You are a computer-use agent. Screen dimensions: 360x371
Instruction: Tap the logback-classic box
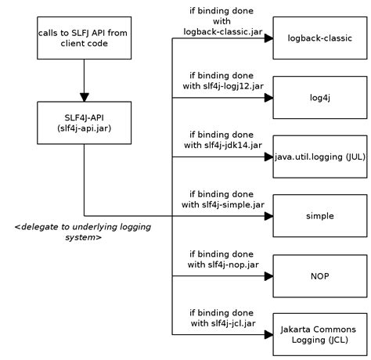(x=318, y=38)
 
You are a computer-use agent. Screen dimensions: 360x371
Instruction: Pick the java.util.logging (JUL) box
(x=319, y=157)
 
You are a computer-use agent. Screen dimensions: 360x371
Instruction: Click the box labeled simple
(x=318, y=215)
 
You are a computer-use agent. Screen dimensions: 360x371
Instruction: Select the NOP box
(x=318, y=276)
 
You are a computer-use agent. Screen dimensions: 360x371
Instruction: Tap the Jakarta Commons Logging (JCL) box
(x=318, y=334)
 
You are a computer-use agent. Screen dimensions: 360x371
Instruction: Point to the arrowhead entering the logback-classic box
(x=268, y=38)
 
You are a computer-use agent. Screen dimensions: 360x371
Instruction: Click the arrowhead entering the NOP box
(x=268, y=276)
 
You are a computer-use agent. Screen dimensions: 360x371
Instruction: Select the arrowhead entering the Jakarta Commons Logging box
(x=268, y=334)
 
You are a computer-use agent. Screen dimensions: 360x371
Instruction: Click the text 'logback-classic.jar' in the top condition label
(x=222, y=31)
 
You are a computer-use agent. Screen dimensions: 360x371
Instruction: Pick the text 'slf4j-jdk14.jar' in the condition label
(x=232, y=146)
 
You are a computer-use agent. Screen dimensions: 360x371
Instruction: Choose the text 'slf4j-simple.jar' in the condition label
(x=232, y=205)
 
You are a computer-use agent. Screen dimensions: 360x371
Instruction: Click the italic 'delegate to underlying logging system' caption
(x=82, y=232)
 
